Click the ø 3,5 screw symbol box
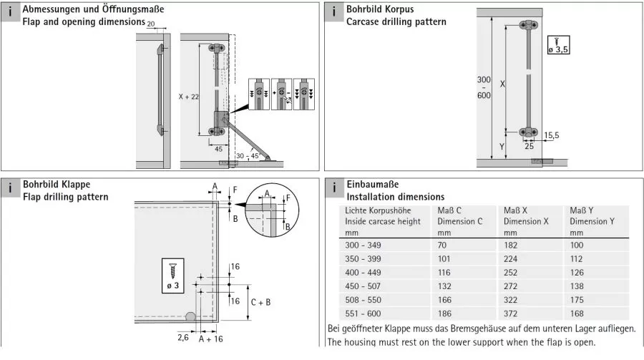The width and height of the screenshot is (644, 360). coord(559,45)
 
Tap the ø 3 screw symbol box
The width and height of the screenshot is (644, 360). coord(173,276)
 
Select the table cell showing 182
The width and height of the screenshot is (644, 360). coord(510,245)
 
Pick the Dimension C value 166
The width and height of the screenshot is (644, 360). coord(444,300)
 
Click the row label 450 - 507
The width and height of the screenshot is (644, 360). coord(363,286)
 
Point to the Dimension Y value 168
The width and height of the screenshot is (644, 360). coord(577,313)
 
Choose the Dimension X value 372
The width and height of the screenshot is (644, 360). coord(510,313)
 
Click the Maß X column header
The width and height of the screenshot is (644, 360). coord(515,210)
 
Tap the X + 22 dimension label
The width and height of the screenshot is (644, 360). coord(188,97)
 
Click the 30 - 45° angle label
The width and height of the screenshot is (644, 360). coord(248,156)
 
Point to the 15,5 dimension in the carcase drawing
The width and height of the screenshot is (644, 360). coord(551,135)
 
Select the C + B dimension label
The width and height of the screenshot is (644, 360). coord(260,303)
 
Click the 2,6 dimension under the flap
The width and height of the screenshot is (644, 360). coord(183,338)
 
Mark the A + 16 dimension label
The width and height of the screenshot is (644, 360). coord(210,339)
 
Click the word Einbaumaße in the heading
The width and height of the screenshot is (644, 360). coord(373,184)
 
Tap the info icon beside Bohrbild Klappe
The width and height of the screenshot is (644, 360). coord(10,188)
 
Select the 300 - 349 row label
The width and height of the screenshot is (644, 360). coord(363,245)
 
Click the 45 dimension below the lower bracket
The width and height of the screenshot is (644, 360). coord(218,149)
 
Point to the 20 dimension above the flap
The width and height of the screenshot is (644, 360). coord(151,24)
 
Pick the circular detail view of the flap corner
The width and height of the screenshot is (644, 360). coord(272,210)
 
